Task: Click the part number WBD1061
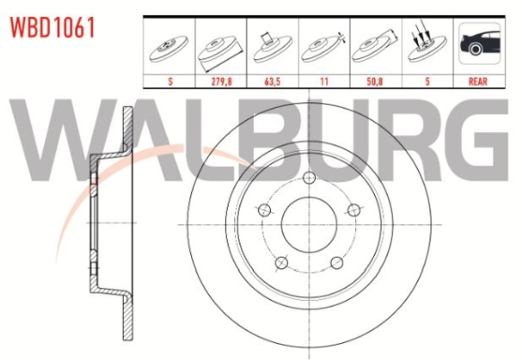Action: (52, 27)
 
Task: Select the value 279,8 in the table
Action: (222, 82)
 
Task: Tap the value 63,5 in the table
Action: (273, 82)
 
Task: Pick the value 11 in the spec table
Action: (324, 82)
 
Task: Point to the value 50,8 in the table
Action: (375, 82)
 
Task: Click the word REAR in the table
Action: (478, 82)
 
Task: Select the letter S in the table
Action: (170, 82)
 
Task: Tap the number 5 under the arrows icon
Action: (428, 82)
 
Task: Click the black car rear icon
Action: (479, 43)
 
